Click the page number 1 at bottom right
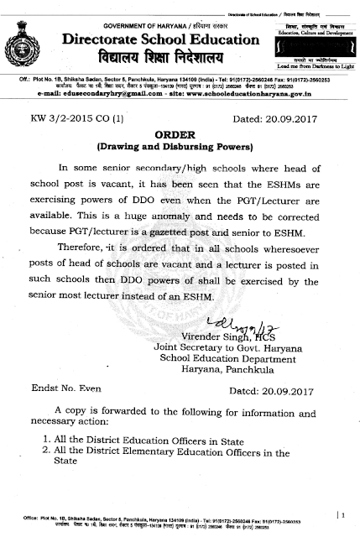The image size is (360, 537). click(x=341, y=511)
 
